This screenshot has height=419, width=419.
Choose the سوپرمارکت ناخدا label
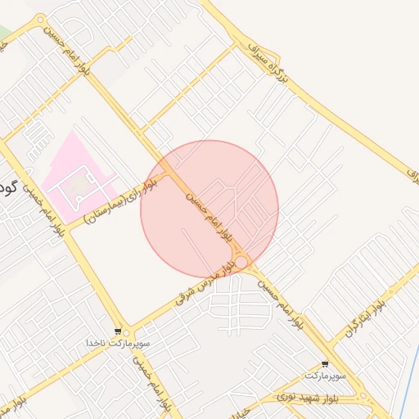pos(120,343)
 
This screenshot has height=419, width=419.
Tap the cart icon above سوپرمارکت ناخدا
pos(119,331)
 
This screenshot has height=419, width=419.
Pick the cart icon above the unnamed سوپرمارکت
pos(326,364)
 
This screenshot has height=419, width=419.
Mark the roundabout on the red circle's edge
pos(241,262)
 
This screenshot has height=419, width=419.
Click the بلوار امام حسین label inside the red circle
pos(214,215)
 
